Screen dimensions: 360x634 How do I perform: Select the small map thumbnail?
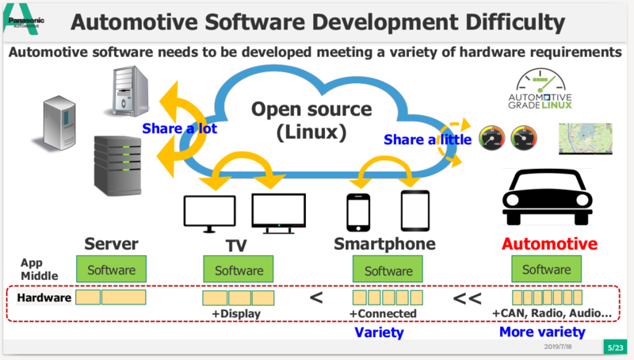pyautogui.click(x=587, y=140)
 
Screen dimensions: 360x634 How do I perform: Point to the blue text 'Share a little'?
pyautogui.click(x=428, y=140)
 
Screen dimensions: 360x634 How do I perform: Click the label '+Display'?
pyautogui.click(x=236, y=314)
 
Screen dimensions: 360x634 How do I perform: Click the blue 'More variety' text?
pyautogui.click(x=542, y=332)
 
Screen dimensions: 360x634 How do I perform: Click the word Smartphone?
pyautogui.click(x=384, y=243)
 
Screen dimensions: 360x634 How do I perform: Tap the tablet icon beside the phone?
pyautogui.click(x=414, y=210)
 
